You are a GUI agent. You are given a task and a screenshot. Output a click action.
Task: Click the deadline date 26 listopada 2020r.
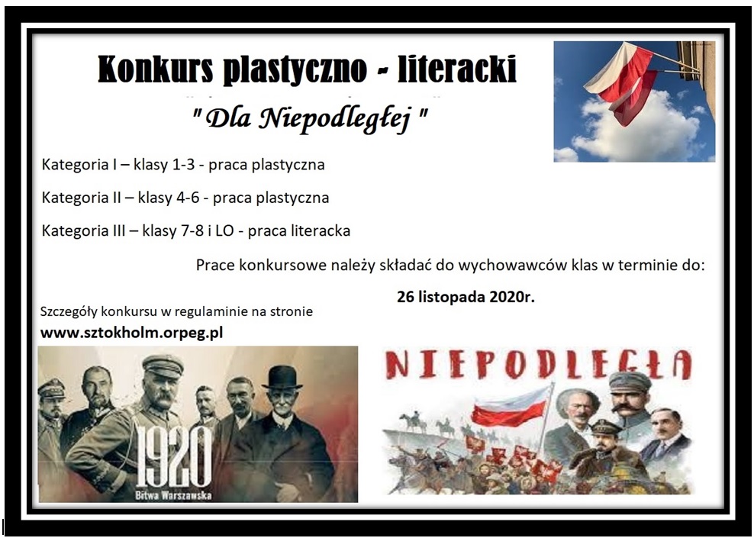coord(466,297)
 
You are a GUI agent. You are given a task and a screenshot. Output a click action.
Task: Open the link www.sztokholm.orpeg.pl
coord(131,333)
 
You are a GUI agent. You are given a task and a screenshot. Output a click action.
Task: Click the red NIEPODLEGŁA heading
coord(538,365)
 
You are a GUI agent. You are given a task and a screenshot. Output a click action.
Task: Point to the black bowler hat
coord(282,377)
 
